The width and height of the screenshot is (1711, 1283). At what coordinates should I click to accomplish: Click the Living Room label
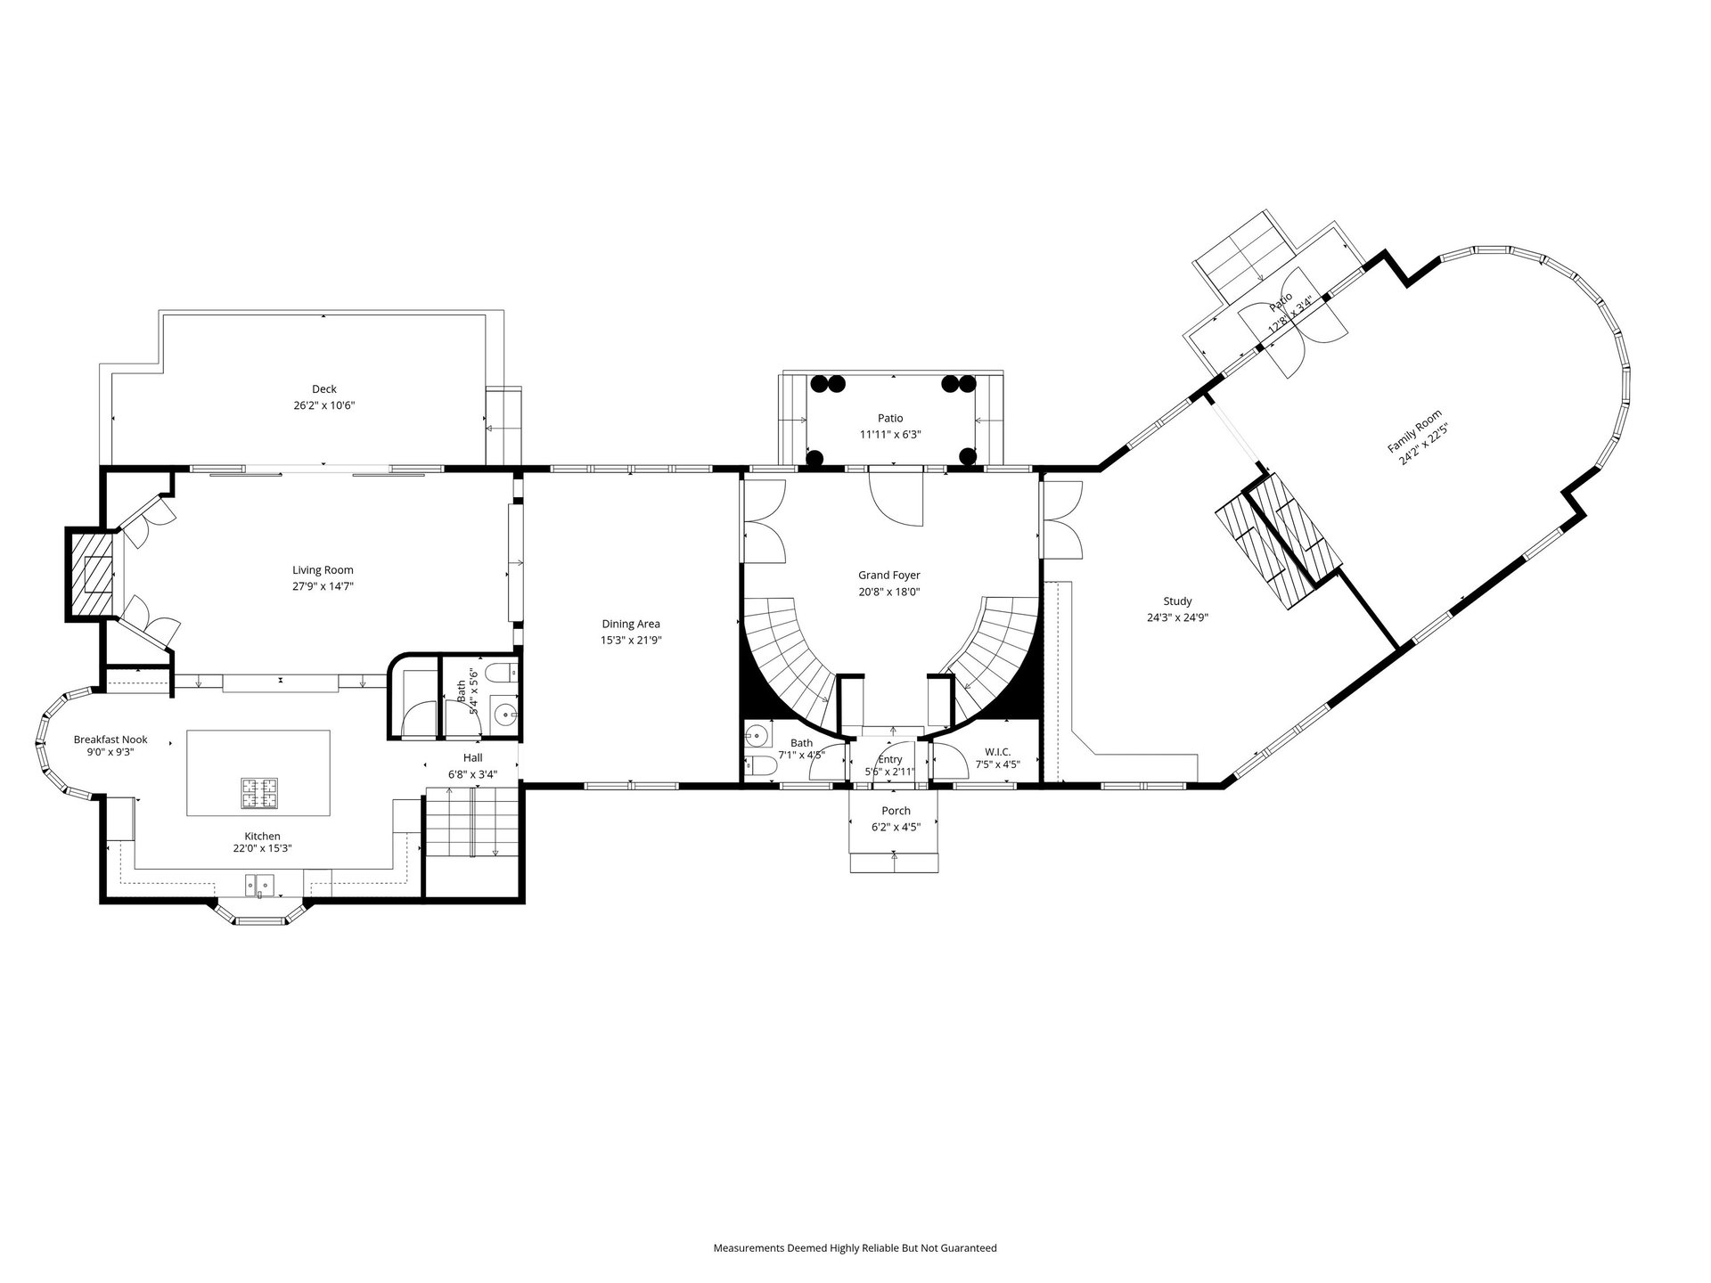323,570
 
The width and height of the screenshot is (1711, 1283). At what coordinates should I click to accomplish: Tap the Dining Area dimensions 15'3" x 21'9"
631,640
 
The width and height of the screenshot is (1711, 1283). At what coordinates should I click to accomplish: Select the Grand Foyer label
889,576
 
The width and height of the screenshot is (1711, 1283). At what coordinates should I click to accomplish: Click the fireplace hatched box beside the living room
93,574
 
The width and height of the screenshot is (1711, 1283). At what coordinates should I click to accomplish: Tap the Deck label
324,389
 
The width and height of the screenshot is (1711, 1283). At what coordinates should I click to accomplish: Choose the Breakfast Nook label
111,740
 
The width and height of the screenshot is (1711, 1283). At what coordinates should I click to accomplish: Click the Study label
1177,601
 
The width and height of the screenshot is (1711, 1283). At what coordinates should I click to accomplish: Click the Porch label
896,811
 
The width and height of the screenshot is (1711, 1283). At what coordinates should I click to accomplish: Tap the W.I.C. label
997,751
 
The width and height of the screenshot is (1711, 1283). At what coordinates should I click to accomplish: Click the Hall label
472,758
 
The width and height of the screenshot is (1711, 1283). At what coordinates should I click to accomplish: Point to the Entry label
890,760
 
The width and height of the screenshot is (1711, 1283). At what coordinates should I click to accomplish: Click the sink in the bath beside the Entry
756,735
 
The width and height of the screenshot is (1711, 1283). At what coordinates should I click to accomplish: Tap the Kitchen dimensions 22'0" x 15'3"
263,848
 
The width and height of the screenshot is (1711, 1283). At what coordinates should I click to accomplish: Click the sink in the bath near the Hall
506,713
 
